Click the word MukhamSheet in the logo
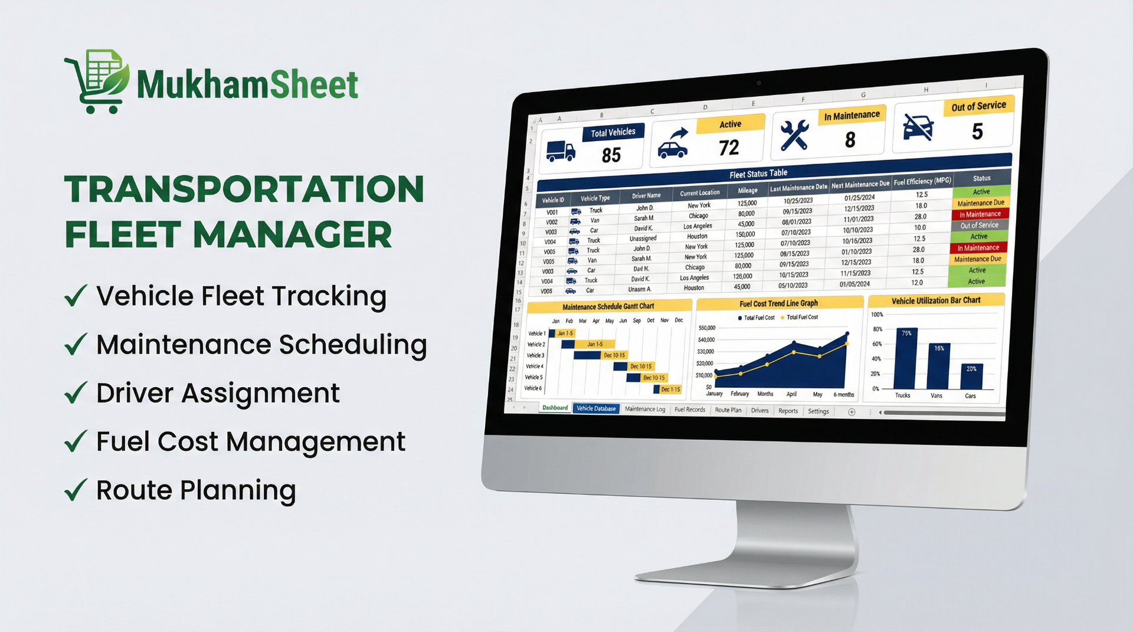click(x=247, y=85)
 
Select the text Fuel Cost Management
click(x=250, y=442)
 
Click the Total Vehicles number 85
click(x=611, y=155)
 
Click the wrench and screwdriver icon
click(x=794, y=135)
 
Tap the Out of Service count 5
click(x=977, y=132)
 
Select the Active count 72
click(x=729, y=148)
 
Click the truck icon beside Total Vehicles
click(x=560, y=151)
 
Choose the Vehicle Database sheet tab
click(x=596, y=408)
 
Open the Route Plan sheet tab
click(x=728, y=410)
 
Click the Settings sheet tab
click(x=818, y=411)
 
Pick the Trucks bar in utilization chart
click(x=906, y=360)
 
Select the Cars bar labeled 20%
click(x=971, y=376)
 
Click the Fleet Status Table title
click(x=758, y=174)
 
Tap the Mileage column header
click(x=748, y=191)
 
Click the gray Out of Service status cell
click(x=980, y=225)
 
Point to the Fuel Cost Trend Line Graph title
click(x=778, y=303)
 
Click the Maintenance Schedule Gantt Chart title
click(x=608, y=306)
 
